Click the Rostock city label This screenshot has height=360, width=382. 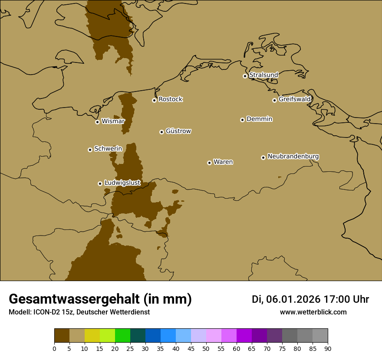170,99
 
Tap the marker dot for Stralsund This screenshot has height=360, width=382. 245,76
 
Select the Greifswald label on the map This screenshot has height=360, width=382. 294,99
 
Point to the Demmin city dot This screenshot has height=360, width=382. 242,120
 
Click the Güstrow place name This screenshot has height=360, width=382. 178,131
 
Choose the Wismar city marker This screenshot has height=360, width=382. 97,122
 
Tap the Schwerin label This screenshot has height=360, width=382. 108,149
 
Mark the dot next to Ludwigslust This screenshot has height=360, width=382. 100,183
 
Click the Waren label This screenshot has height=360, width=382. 223,162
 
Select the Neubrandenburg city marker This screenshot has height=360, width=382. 263,157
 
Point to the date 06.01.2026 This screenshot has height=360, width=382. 293,299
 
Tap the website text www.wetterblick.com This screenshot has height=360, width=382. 313,312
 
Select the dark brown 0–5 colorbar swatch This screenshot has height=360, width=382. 62,336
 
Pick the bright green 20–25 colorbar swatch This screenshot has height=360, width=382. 122,336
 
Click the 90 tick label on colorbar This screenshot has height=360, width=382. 328,348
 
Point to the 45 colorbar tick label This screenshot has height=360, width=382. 191,348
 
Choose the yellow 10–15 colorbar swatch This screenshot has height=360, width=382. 92,336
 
